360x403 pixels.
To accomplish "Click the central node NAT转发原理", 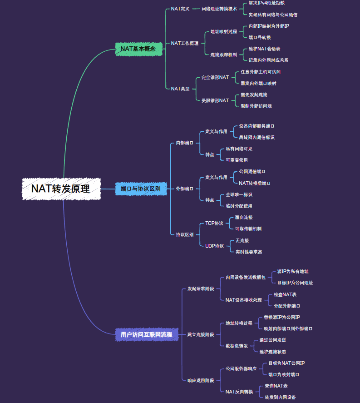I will pos(61,189).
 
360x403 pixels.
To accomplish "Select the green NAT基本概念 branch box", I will pos(138,49).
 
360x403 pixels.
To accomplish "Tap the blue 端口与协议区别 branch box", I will pos(140,189).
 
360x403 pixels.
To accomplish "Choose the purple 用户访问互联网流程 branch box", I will pos(146,334).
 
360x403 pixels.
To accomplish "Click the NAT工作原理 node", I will pos(185,43).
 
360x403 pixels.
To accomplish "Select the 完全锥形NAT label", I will pos(215,78).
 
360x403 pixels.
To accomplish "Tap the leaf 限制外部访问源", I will pos(256,106).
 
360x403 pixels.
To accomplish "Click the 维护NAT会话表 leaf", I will pos(264,49).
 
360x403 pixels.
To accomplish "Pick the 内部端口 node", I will pos(185,143).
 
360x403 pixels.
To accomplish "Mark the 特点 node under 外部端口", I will pos(210,200).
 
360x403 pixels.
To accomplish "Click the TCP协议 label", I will pos(214,223).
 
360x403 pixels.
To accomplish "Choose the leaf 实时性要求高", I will pos(249,252).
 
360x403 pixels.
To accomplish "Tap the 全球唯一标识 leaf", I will pos(239,194).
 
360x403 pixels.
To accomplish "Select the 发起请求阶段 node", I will pos(201,289).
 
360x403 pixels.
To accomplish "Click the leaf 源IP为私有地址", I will pos(293,271).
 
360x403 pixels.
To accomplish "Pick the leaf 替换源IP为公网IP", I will pos(282,317).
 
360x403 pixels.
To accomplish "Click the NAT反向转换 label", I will pos(239,391).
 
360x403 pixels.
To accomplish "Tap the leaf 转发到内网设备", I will pos(281,397).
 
